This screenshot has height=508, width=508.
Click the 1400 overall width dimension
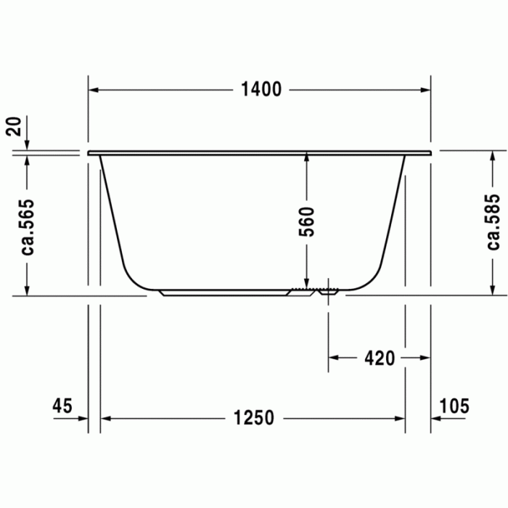pos(261,89)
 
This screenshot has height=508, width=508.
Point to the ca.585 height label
pos(493,222)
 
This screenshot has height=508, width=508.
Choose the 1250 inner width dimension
pos(254,418)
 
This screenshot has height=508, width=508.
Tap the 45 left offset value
pos(62,406)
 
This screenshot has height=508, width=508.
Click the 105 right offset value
pos(454,406)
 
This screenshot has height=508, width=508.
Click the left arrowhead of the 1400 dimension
pos(94,89)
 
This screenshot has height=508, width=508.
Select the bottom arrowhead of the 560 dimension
pos(306,285)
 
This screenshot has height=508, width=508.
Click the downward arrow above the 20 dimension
pos(26,143)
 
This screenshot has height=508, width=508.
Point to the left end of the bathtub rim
pos(90,153)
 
